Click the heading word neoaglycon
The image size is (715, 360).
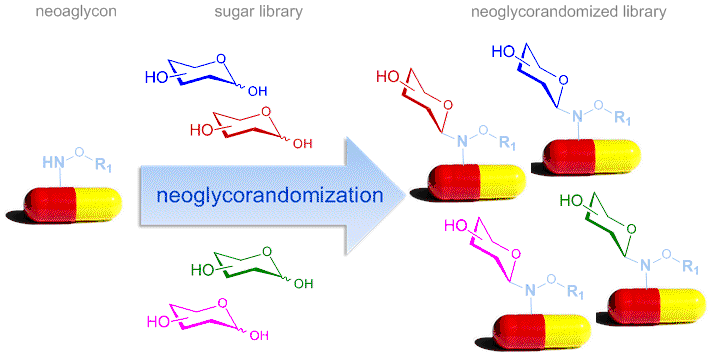[x=76, y=11]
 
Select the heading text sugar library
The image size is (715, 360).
[x=258, y=11]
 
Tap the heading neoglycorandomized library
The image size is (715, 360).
[x=568, y=11]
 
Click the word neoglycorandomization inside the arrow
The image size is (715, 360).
[x=269, y=195]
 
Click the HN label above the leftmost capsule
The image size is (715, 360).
[x=53, y=162]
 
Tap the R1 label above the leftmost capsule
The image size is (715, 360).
[x=104, y=165]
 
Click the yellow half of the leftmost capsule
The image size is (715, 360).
[x=98, y=203]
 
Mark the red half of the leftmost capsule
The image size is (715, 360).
[x=49, y=204]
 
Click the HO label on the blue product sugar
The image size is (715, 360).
[x=503, y=52]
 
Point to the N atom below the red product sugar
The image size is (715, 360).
[x=462, y=141]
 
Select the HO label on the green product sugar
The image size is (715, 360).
[x=571, y=200]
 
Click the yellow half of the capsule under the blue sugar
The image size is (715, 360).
[x=617, y=157]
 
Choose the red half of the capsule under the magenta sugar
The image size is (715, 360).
[x=517, y=332]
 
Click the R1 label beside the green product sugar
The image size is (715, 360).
[x=690, y=266]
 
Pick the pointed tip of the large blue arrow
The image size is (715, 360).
[x=405, y=195]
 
